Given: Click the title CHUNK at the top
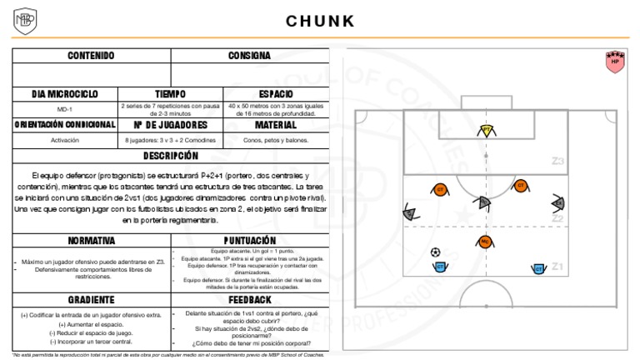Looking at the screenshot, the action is click(320, 21).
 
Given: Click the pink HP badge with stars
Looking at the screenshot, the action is click(616, 60).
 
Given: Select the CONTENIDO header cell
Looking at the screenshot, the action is click(91, 56).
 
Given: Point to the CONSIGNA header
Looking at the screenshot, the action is click(250, 56).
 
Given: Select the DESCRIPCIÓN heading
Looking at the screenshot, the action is click(171, 156).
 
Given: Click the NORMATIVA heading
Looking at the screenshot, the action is click(91, 240).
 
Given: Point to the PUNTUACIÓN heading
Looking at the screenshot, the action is click(250, 240).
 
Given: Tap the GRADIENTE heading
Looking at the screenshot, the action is click(91, 299).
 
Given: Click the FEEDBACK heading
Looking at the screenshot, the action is click(250, 299).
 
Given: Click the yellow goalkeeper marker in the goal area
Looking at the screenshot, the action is click(487, 130).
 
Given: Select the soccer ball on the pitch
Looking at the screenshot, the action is click(435, 252).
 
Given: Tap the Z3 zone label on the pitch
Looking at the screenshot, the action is click(557, 161).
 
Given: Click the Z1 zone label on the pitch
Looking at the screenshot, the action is click(557, 267).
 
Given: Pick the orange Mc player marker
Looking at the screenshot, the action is click(485, 242).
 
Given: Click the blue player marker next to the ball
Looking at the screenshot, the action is click(440, 267).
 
